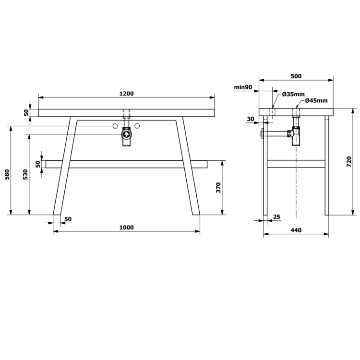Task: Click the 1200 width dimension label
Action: pyautogui.click(x=126, y=94)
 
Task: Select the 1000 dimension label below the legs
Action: pyautogui.click(x=126, y=228)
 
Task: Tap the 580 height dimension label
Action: pyautogui.click(x=7, y=174)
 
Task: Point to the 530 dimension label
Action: pyautogui.click(x=25, y=174)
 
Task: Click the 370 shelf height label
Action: pyautogui.click(x=218, y=188)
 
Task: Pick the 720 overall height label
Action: pyautogui.click(x=349, y=162)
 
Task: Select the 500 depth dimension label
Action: pyautogui.click(x=296, y=76)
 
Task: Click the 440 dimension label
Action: pyautogui.click(x=296, y=230)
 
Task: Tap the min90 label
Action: pyautogui.click(x=243, y=87)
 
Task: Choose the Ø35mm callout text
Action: pyautogui.click(x=293, y=94)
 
